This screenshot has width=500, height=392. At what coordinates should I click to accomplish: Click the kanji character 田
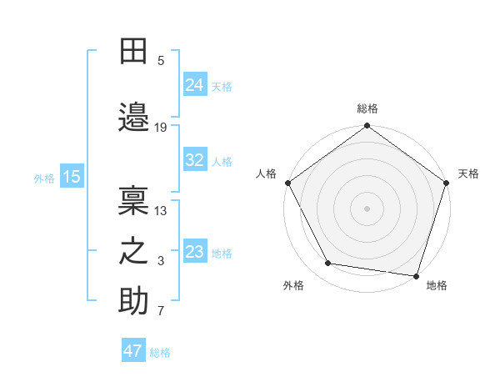coord(133,52)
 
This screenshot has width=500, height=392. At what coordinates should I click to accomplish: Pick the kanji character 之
coord(133,250)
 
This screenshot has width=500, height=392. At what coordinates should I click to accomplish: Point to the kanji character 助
coord(133,301)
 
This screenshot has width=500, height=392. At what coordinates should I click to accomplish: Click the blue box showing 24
coord(195,84)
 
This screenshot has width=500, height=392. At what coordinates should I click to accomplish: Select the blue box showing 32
coord(195,160)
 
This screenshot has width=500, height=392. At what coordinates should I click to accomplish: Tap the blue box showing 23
coord(195,251)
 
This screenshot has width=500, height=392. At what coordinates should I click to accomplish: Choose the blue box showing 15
coord(72,177)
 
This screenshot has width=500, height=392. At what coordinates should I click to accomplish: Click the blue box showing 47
coord(133,351)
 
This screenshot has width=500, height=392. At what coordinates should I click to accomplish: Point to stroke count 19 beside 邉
coord(161,128)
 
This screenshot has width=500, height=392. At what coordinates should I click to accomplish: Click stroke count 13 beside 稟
coord(161,210)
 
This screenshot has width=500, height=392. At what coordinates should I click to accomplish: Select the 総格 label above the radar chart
coord(367,108)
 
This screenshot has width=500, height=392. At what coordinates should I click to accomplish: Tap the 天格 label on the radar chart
coord(468,173)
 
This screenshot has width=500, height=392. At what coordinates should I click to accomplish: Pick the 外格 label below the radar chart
coord(293,285)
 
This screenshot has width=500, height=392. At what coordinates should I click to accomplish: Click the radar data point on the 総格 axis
coord(367,127)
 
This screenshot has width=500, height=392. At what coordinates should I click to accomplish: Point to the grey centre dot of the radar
coord(367,208)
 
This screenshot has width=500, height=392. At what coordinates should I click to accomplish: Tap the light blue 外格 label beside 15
coord(44,178)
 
